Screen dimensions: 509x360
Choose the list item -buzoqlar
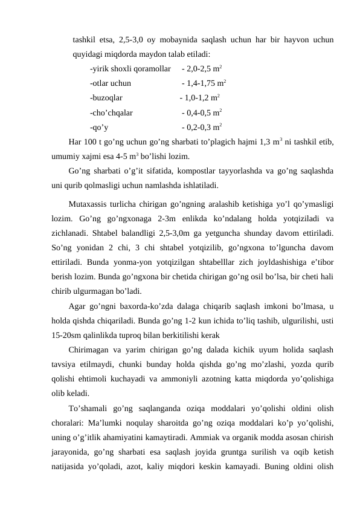coord(106,97)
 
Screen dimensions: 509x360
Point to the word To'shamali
coord(91,407)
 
